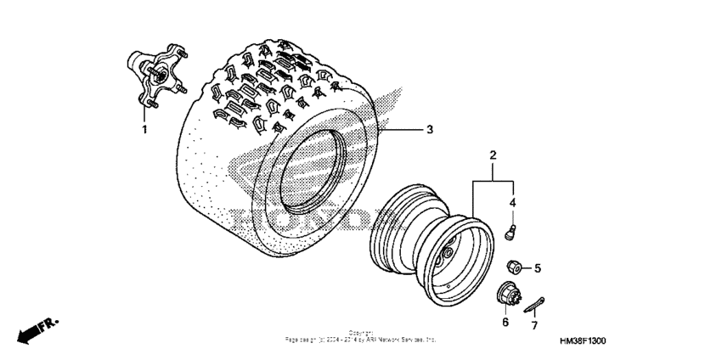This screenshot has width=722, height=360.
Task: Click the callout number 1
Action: click(x=144, y=130)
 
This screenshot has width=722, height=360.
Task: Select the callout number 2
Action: click(x=492, y=155)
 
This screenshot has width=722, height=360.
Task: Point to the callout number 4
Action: click(x=512, y=202)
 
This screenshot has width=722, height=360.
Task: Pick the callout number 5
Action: click(x=537, y=268)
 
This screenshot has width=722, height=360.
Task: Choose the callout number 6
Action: click(x=505, y=323)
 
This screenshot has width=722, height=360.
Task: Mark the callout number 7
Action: click(x=534, y=326)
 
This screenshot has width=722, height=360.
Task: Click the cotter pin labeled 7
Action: click(x=533, y=301)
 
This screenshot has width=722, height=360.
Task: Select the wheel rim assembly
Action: click(x=432, y=250)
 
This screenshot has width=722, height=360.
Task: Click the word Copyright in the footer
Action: click(x=360, y=333)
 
